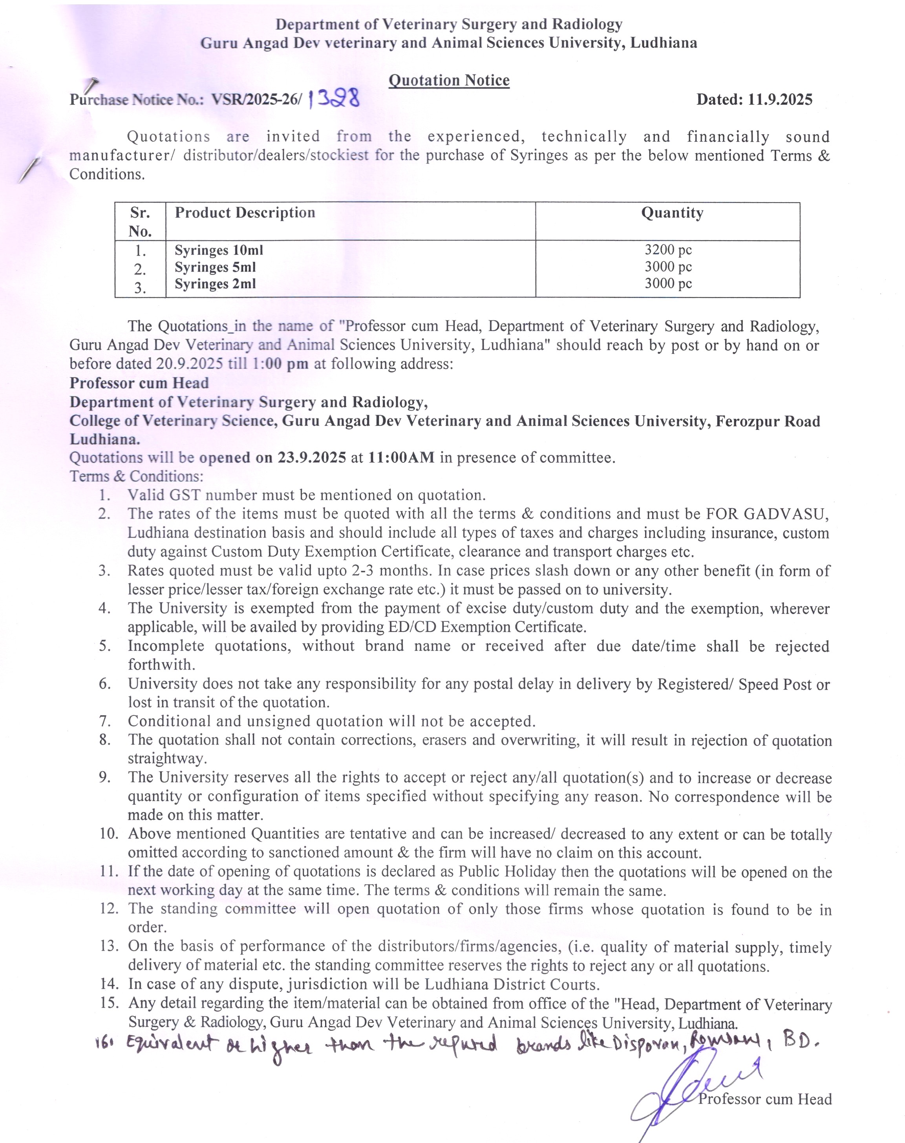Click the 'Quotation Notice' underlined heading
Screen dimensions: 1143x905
449,80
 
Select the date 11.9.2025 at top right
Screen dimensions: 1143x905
780,100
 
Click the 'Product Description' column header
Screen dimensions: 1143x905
245,213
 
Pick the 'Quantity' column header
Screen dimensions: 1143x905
672,213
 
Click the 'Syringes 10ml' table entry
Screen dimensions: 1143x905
219,250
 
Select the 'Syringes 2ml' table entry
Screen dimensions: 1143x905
215,284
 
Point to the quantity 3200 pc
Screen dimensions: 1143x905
667,250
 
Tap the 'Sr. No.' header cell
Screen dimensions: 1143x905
140,221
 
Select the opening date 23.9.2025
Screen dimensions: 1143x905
312,457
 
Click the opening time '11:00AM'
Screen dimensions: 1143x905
401,457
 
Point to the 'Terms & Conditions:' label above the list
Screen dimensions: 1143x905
136,476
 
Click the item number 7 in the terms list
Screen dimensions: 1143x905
105,721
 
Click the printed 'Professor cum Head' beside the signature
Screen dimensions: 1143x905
764,1099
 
